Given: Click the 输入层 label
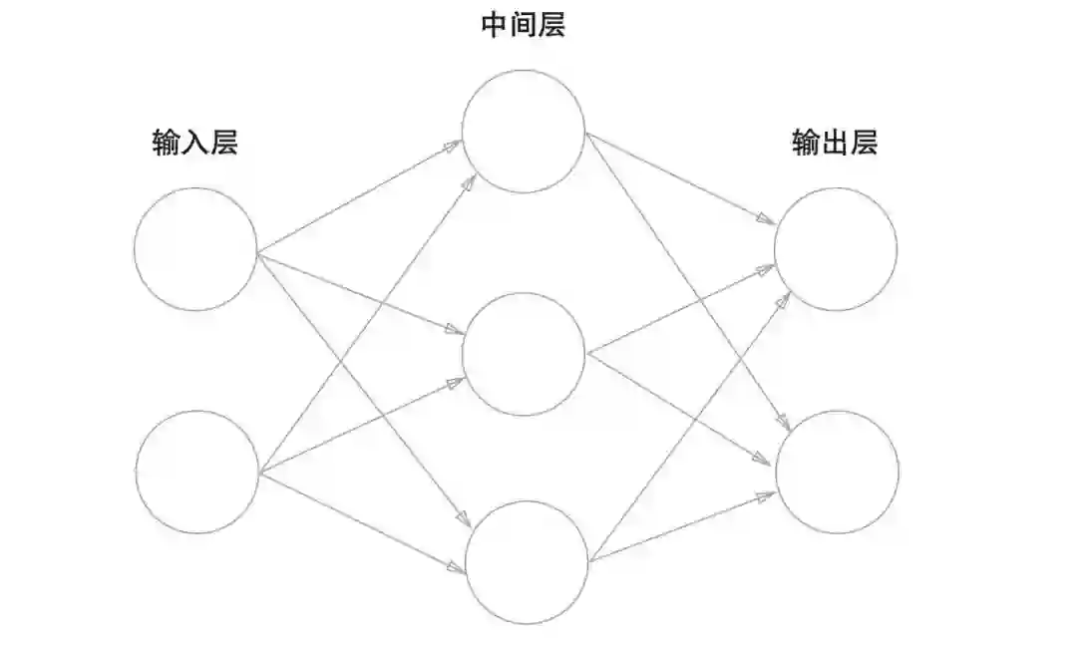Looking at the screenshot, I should tap(195, 144).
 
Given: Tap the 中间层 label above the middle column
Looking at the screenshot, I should tap(524, 25).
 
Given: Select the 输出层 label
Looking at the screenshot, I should tap(835, 144).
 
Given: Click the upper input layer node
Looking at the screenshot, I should tap(195, 248).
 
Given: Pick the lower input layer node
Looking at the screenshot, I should tap(196, 472).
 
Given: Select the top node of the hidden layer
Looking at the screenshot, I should tap(523, 131).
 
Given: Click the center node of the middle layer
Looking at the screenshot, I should tap(524, 354).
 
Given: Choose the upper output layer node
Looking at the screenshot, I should tap(835, 248).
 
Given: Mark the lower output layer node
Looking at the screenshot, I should tap(837, 471).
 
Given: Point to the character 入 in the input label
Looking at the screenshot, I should tap(195, 144).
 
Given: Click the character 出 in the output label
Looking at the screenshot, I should tap(835, 144).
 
